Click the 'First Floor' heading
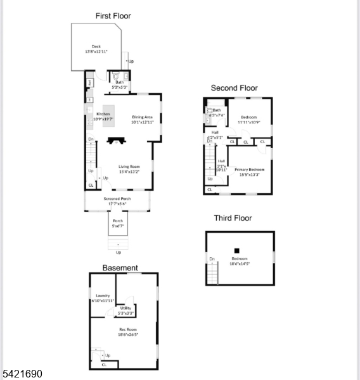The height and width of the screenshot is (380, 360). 113,16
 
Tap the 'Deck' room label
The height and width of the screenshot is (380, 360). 96,46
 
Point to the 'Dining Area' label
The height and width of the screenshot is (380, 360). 143,117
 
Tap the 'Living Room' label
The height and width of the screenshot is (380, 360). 128,167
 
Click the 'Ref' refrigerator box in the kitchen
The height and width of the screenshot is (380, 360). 90,82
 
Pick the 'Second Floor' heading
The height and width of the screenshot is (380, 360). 235,88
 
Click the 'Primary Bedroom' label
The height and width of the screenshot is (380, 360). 249,169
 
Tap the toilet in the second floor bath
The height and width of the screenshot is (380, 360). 209,110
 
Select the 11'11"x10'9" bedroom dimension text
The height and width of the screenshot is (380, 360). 248,122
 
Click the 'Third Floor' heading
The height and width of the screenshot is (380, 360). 233,218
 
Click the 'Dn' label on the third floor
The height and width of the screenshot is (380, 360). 212,258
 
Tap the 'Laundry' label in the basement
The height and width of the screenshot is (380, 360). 103,296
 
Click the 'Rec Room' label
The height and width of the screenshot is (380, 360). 127,329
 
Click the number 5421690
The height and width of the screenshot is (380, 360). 22,374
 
